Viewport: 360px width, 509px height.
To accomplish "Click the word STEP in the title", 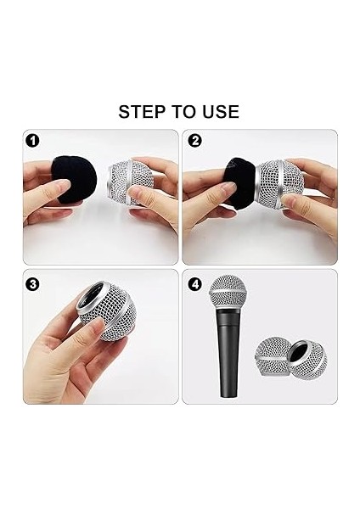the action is coord(143,112).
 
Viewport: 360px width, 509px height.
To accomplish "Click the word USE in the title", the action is coord(221,112).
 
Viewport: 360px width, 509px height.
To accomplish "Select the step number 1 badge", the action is coord(32,141).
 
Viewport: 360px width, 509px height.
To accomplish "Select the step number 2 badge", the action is coord(195,141).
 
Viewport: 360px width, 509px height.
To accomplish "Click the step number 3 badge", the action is coord(32,284).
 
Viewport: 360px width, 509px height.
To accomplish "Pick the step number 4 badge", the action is coord(195,284).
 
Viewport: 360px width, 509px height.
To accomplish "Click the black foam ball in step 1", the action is coord(74,180).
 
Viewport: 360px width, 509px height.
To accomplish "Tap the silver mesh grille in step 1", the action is coord(126,182).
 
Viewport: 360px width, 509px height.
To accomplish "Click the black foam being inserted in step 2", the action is coord(239,183).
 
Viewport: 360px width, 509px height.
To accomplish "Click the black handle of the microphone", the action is coord(229,352).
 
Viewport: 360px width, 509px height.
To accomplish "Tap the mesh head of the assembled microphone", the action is coord(228,292).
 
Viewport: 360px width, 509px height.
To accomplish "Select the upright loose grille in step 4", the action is coord(273,356).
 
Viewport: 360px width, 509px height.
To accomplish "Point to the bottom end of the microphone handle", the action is coord(229,397).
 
